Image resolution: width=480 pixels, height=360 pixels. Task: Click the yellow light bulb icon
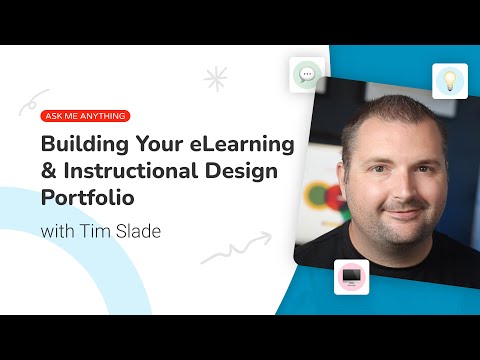coord(450,81)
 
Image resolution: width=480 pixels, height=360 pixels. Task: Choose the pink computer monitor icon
coord(352,275)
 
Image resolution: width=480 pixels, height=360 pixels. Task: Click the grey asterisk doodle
coord(214,79)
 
